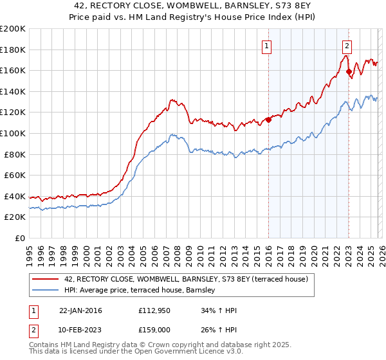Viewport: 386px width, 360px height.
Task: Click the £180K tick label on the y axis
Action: coord(13,50)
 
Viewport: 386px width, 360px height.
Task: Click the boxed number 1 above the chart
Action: coord(266,46)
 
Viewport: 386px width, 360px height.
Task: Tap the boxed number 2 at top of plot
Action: coord(347,46)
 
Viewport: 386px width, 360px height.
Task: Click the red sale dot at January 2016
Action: coord(268,120)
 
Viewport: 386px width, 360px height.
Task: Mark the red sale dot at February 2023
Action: coord(349,71)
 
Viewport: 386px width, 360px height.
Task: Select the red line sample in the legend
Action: coord(46,280)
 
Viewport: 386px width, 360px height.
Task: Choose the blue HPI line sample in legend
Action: coord(46,291)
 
